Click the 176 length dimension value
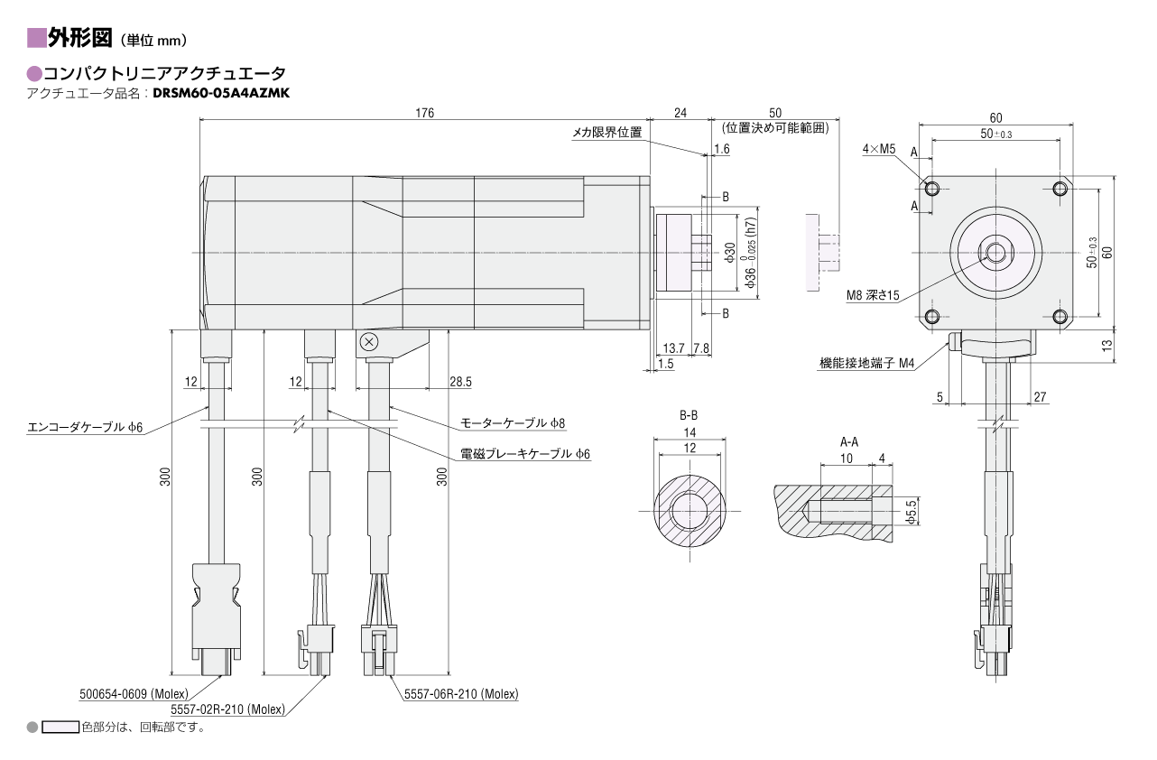[x=424, y=113]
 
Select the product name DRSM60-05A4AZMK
[x=221, y=92]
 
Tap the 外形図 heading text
[x=80, y=38]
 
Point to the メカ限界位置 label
[x=606, y=133]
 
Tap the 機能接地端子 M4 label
[x=866, y=364]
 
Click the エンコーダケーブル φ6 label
[x=85, y=426]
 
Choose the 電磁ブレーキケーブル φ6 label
[x=524, y=453]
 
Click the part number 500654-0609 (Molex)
[x=134, y=694]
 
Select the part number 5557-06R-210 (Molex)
[x=459, y=694]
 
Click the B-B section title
[x=689, y=416]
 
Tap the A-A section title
[x=848, y=442]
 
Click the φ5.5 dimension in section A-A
[x=911, y=512]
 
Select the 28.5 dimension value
[x=460, y=382]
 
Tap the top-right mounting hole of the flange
[x=1060, y=189]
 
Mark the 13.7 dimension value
[x=673, y=348]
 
